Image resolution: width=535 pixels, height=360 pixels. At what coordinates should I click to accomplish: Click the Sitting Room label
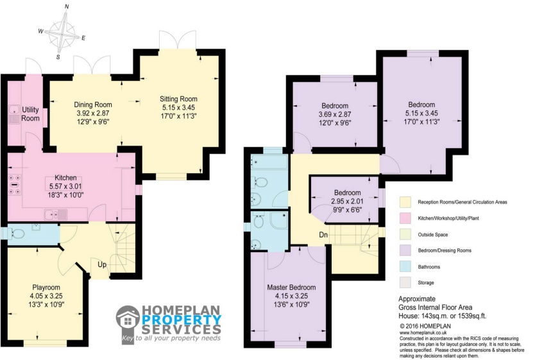tap(178, 99)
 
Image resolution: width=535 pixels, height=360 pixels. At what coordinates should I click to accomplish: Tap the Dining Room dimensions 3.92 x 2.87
tap(93, 114)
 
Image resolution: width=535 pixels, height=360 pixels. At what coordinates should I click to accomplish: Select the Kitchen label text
tap(65, 178)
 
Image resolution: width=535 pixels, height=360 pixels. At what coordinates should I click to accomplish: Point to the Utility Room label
tap(30, 114)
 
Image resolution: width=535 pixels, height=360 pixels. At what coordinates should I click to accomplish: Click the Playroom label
tap(46, 287)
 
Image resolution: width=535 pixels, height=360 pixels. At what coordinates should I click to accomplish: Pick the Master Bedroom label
tap(291, 287)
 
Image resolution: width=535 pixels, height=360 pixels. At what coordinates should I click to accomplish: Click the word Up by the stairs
tap(102, 264)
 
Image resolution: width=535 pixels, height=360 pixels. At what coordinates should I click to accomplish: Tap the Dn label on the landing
tap(323, 235)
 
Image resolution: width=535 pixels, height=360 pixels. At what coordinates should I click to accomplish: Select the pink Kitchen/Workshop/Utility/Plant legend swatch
tap(405, 218)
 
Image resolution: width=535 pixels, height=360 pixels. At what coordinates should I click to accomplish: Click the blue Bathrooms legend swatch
tap(405, 266)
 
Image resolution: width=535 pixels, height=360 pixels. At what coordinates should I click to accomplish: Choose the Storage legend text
tap(426, 282)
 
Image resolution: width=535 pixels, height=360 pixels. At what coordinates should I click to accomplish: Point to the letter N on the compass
tap(67, 6)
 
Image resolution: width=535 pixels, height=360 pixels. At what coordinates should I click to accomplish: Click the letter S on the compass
tap(58, 57)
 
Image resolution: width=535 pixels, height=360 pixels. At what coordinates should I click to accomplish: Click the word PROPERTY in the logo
tap(181, 320)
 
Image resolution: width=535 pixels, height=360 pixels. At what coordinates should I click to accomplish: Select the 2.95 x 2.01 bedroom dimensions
tap(347, 201)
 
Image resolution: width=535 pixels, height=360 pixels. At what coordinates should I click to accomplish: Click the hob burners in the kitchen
tap(14, 185)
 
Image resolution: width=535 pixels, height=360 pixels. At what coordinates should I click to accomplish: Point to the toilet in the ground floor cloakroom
tap(17, 234)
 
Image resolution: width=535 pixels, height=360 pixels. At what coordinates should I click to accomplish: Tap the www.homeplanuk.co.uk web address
tap(423, 332)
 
